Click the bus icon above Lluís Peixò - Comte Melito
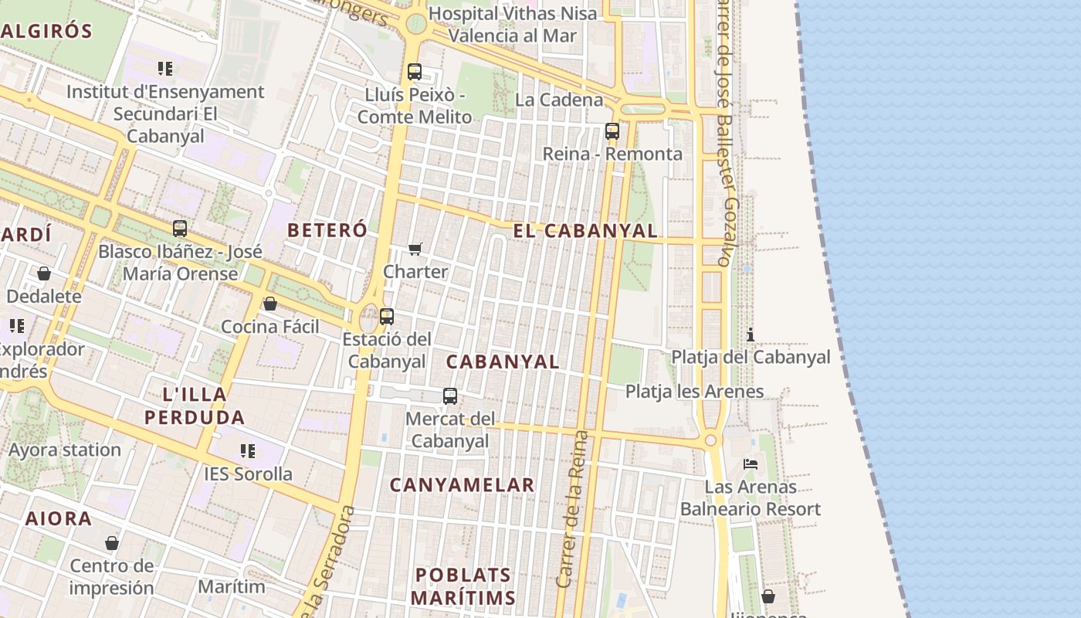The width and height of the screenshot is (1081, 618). (x=415, y=72)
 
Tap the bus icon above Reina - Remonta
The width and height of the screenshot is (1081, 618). (x=612, y=131)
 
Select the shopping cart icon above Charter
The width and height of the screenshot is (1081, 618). (x=415, y=249)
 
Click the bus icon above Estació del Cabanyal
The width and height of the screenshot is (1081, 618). (x=387, y=316)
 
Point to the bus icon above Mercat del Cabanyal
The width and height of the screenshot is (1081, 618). (x=450, y=396)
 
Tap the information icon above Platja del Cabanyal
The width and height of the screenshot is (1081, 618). (x=750, y=334)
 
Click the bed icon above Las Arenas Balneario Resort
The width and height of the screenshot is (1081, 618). (x=750, y=464)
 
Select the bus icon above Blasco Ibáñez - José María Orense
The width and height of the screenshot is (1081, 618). (x=180, y=229)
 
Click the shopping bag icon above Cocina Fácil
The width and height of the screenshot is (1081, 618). (x=270, y=304)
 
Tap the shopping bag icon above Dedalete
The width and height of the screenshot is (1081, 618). (x=44, y=273)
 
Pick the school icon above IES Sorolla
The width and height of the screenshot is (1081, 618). (x=248, y=450)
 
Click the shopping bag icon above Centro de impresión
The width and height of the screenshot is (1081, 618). (x=112, y=543)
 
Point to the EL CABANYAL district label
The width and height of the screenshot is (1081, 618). (x=586, y=230)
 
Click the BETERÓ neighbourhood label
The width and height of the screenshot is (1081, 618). (x=327, y=230)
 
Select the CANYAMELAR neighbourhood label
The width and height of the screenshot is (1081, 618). (x=462, y=485)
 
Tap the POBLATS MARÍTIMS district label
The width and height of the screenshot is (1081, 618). (x=463, y=586)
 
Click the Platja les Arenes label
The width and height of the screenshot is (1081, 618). (x=694, y=392)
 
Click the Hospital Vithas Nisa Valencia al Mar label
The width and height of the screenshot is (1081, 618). (x=513, y=25)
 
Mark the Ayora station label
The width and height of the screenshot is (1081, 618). (x=65, y=450)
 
